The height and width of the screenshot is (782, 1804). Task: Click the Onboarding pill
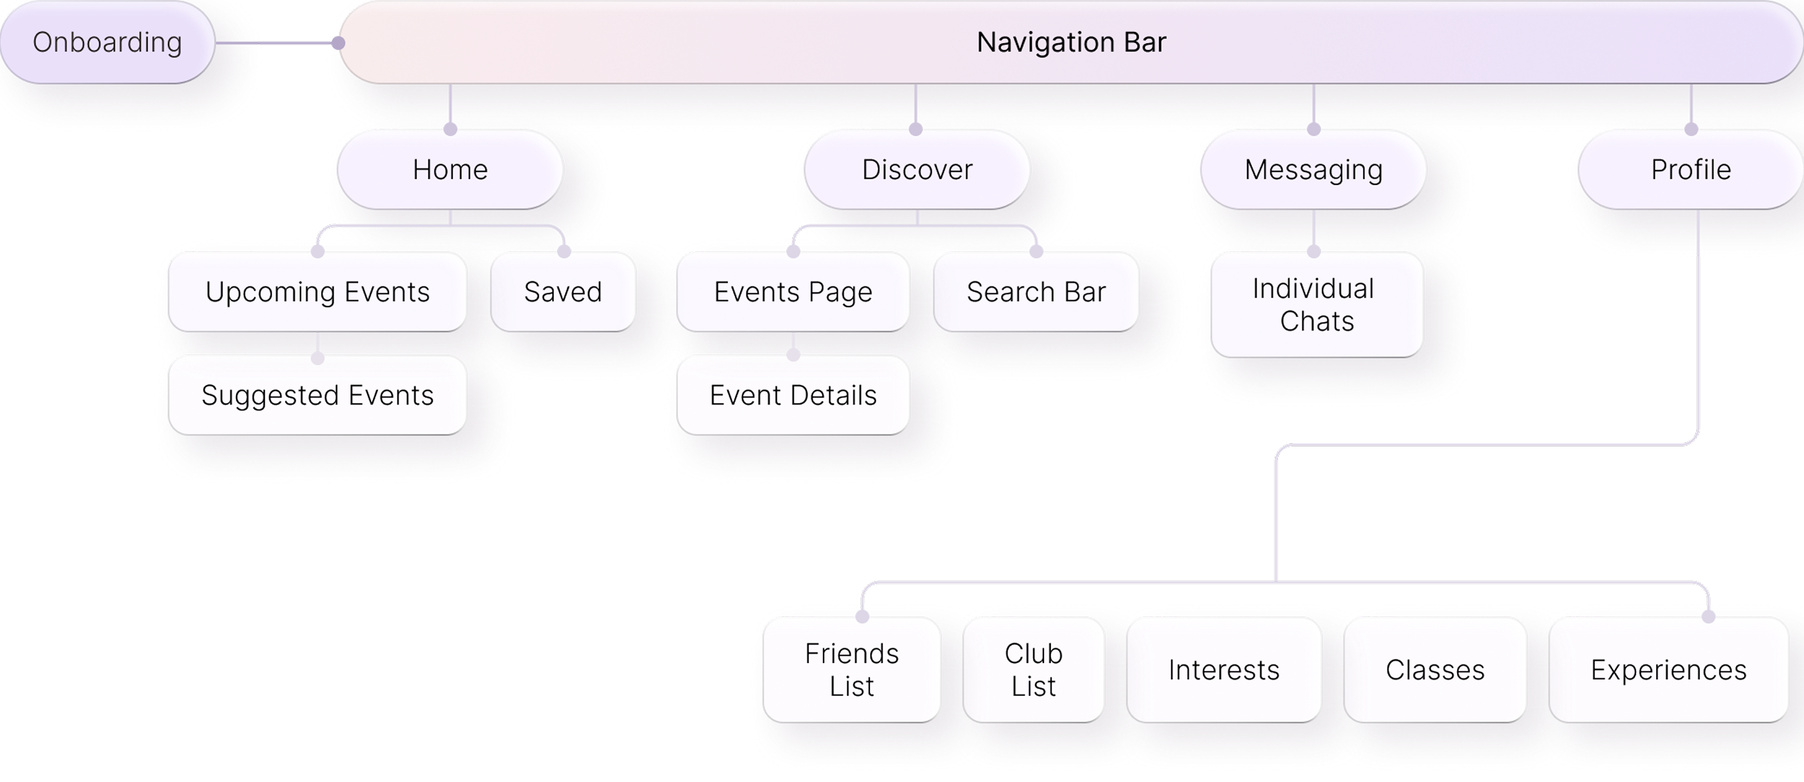coord(107,42)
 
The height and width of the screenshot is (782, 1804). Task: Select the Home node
coord(450,170)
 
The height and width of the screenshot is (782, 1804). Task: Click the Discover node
coord(917,170)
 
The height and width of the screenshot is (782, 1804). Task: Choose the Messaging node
coord(1313,170)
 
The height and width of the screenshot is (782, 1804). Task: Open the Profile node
coord(1691,170)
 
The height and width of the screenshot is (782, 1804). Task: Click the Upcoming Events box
coord(317,292)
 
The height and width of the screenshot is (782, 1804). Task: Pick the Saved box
coord(563,292)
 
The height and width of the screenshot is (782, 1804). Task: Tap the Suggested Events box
coord(317,396)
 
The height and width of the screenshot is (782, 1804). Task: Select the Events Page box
coord(793,292)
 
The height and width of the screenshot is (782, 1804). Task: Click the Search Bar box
coord(1036,292)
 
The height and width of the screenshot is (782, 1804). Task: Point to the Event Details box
coord(793,396)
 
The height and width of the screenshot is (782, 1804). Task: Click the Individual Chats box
coord(1316,305)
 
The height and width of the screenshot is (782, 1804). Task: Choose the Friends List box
coord(852,670)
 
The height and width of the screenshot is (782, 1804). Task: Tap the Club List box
coord(1034,670)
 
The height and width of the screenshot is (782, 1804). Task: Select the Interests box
coord(1223,670)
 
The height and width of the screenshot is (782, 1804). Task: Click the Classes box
coord(1435,670)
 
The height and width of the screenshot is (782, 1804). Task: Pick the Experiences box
coord(1668,670)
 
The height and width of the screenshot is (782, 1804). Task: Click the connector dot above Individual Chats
coord(1314,251)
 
